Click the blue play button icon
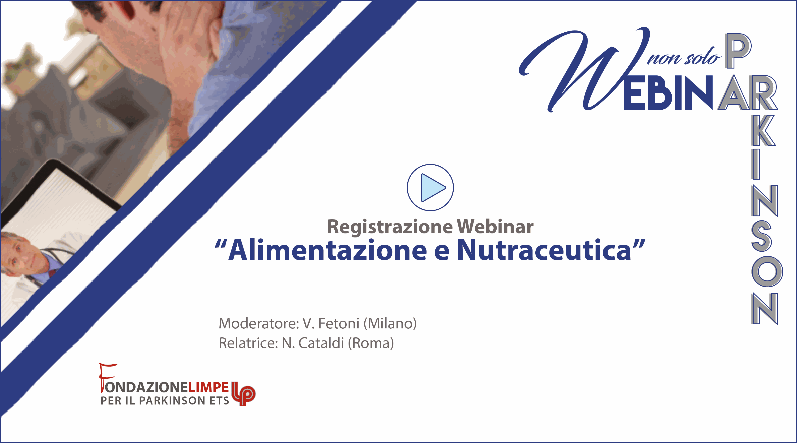430,187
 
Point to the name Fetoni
339,323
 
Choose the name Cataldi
321,343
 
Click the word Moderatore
259,323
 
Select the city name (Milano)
390,323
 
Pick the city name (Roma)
371,343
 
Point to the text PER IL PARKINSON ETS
165,400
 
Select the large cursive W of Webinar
585,70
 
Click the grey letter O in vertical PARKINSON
767,272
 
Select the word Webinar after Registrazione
495,227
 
